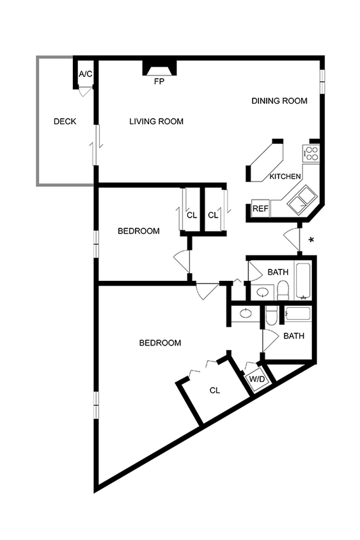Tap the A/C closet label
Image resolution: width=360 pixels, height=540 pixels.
86,74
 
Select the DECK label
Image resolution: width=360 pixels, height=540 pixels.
65,122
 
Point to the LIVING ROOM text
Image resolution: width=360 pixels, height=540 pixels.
156,122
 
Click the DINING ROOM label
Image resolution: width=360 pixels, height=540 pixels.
279,101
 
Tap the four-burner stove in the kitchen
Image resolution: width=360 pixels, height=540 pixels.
311,153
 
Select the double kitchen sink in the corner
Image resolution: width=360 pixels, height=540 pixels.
300,201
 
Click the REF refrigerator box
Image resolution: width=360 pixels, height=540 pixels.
260,209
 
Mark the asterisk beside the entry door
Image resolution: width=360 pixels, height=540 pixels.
311,241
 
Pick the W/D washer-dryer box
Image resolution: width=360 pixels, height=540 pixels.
257,379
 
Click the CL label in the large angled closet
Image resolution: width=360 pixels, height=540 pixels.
215,390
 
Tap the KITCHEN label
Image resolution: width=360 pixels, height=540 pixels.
285,177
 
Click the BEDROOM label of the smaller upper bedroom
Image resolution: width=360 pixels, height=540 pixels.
139,231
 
